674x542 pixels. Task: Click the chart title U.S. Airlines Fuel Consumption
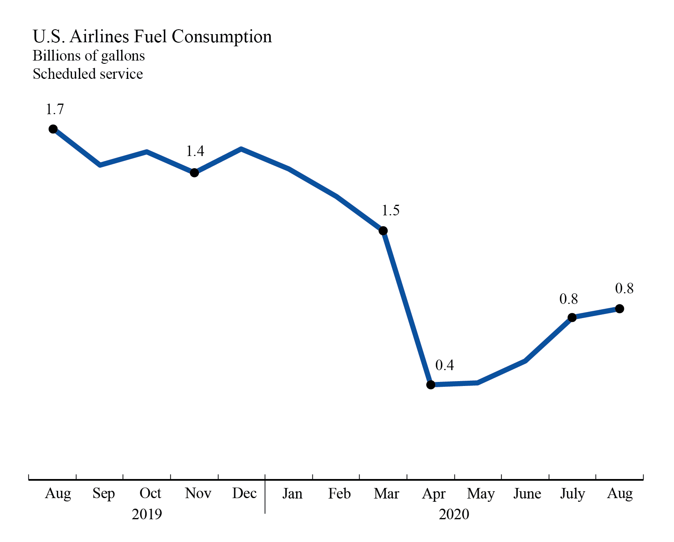(x=152, y=37)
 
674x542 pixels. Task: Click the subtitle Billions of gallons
(x=89, y=56)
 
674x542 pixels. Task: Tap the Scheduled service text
(x=88, y=74)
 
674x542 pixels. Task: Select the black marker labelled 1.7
(x=53, y=129)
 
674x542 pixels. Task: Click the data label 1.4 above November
(x=195, y=151)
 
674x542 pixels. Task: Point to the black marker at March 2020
(x=383, y=231)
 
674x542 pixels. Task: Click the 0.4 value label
(x=444, y=365)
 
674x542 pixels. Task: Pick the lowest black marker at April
(x=431, y=384)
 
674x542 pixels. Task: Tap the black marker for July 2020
(x=572, y=317)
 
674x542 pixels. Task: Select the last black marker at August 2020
(x=619, y=309)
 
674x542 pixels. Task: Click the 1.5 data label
(x=390, y=210)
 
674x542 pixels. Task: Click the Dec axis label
(x=244, y=493)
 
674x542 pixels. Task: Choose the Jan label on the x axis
(x=292, y=494)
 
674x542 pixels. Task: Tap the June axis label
(x=527, y=494)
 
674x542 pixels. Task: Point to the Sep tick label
(x=104, y=494)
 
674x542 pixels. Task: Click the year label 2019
(x=147, y=514)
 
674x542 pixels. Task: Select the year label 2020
(x=454, y=514)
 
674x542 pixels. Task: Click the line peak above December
(x=242, y=149)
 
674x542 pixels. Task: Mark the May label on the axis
(x=481, y=494)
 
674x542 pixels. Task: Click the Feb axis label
(x=339, y=494)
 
